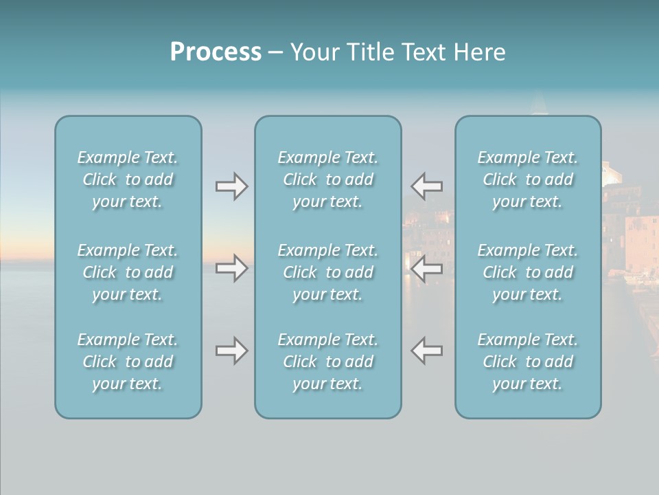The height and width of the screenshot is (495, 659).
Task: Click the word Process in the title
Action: click(x=216, y=52)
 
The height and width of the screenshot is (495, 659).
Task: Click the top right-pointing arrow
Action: click(x=231, y=186)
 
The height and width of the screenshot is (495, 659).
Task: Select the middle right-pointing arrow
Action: click(x=231, y=267)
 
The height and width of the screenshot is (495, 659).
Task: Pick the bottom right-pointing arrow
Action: click(x=231, y=351)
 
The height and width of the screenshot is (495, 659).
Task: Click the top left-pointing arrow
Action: click(x=426, y=186)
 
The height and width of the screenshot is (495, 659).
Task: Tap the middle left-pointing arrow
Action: click(x=426, y=267)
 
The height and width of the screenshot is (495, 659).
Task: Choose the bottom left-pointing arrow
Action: click(x=426, y=351)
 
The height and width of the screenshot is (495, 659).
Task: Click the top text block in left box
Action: click(x=128, y=179)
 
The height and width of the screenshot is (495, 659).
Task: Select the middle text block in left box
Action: click(x=128, y=272)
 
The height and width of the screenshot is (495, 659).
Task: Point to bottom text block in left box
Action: click(x=128, y=362)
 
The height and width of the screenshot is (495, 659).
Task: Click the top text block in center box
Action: click(x=328, y=179)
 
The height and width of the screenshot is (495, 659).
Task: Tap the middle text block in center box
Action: click(x=328, y=272)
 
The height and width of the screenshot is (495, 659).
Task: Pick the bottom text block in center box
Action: click(x=328, y=362)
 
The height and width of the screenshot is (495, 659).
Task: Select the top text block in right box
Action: click(x=528, y=179)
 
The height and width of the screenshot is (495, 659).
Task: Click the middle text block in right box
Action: click(x=528, y=272)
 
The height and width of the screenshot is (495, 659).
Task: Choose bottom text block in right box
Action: click(x=528, y=362)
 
